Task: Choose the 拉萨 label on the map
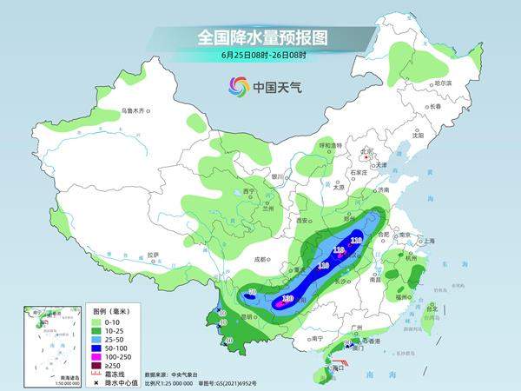pos(154,255)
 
